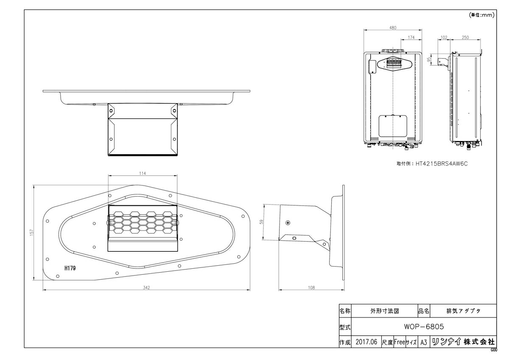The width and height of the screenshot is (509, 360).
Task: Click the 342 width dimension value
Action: [146, 288]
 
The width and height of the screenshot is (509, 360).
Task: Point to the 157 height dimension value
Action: [31, 232]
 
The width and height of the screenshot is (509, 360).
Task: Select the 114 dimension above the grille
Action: [143, 174]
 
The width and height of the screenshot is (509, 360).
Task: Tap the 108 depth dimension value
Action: [311, 288]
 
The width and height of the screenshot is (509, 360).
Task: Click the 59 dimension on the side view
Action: [262, 222]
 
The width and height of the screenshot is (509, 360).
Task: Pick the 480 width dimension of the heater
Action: [393, 28]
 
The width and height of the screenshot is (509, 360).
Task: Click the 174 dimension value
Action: [411, 37]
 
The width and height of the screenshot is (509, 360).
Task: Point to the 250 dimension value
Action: [465, 37]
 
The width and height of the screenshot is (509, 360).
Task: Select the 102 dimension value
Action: [444, 37]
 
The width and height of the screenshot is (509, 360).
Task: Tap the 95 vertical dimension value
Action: [429, 59]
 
